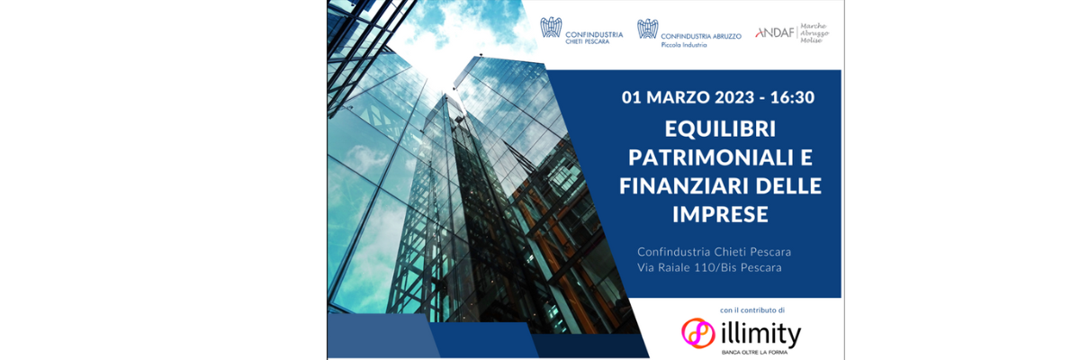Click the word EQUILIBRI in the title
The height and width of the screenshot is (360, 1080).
click(x=720, y=129)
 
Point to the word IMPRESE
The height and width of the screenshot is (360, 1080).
click(x=720, y=214)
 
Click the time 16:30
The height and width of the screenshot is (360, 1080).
click(x=792, y=97)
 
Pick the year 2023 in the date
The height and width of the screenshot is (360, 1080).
click(x=734, y=97)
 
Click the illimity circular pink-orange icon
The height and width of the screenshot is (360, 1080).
click(x=698, y=333)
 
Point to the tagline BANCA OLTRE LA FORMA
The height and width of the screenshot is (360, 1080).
click(x=754, y=353)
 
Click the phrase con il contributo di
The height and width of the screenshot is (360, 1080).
click(x=752, y=310)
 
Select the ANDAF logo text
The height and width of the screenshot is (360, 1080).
click(x=775, y=32)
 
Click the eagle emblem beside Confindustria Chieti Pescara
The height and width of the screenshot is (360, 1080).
click(x=551, y=28)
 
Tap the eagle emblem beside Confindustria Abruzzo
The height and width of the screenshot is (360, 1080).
click(x=647, y=29)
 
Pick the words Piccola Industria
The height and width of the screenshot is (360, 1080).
click(x=684, y=45)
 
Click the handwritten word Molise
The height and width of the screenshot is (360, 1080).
click(x=811, y=40)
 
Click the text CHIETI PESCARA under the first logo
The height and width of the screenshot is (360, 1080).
click(x=587, y=42)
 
